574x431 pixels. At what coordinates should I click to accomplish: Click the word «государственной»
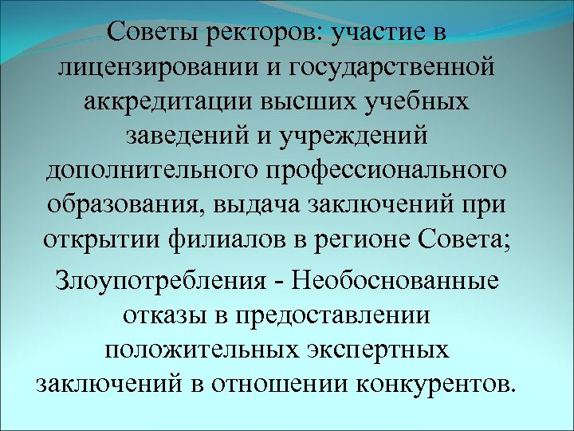tap(398, 69)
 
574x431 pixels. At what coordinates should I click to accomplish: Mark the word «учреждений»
tap(350, 137)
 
